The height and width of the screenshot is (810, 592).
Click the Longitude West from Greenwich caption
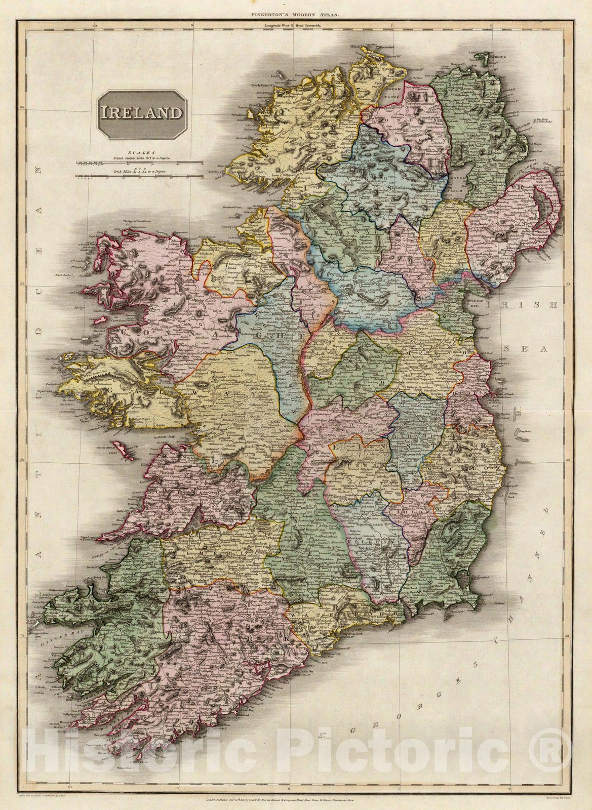coord(296,24)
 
